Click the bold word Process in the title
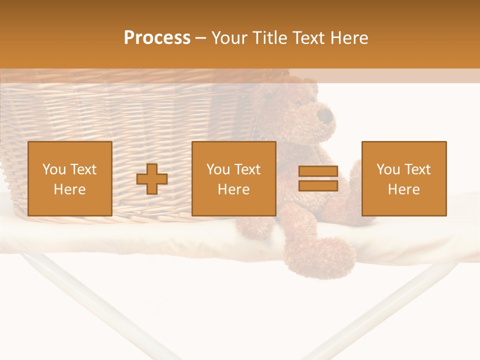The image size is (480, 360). (x=157, y=38)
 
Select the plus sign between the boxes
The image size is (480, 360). (x=152, y=179)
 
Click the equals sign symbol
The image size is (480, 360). (x=318, y=178)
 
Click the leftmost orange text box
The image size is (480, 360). (x=70, y=178)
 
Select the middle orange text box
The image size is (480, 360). (x=234, y=178)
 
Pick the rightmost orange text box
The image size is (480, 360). (x=404, y=178)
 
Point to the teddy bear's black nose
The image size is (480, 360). (x=326, y=116)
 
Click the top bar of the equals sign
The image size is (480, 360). (x=318, y=171)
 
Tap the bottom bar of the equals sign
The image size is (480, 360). (x=318, y=186)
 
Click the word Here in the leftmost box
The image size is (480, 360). (x=70, y=189)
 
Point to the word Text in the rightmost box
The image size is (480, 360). (x=417, y=169)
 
